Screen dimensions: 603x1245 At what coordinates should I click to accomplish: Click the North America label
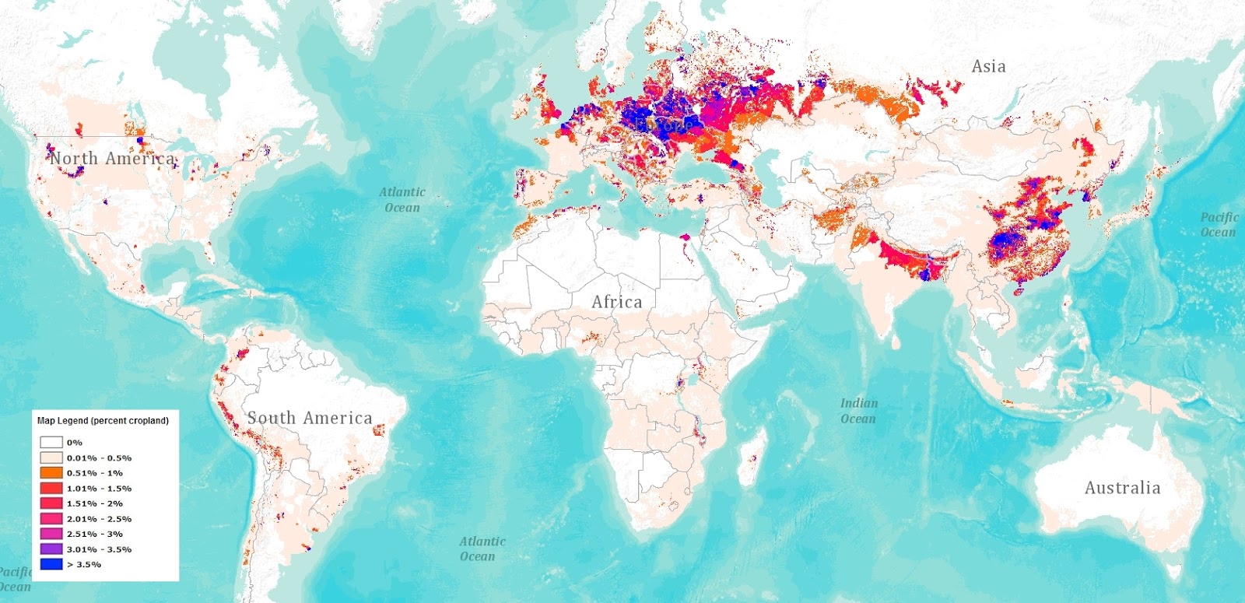[x=113, y=159]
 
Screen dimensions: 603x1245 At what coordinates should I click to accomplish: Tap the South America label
[x=310, y=418]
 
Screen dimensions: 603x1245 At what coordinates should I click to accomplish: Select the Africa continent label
[x=617, y=302]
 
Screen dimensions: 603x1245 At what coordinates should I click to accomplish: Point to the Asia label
[x=988, y=67]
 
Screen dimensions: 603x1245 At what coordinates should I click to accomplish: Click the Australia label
[x=1122, y=488]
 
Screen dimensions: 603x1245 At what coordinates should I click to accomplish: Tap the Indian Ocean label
[x=858, y=411]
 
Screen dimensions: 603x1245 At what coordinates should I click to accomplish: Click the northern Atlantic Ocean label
[x=402, y=199]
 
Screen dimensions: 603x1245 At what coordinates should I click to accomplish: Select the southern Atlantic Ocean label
[x=482, y=549]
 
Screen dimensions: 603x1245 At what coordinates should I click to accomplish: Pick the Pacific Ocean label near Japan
[x=1219, y=224]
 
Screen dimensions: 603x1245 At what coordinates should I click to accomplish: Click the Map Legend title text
[x=103, y=421]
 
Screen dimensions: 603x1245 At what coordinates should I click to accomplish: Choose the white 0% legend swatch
[x=51, y=443]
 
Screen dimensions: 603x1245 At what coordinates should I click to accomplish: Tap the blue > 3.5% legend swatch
[x=51, y=564]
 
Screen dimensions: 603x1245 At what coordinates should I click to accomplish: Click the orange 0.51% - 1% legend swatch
[x=51, y=473]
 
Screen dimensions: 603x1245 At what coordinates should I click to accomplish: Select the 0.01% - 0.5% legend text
[x=99, y=458]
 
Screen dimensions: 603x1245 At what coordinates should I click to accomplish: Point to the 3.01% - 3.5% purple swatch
[x=51, y=549]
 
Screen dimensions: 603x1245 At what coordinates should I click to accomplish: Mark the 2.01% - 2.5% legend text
[x=99, y=519]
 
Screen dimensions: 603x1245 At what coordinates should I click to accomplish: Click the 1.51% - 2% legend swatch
[x=51, y=503]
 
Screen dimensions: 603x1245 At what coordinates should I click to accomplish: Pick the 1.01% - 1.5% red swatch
[x=51, y=489]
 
